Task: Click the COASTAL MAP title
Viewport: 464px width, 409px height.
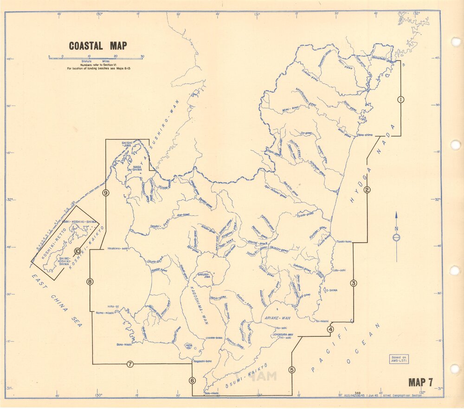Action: tap(98, 46)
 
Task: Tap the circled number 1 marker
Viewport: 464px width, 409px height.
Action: tap(401, 99)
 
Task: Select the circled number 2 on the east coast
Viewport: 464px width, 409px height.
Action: tap(367, 189)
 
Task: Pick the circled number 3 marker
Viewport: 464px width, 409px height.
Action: tap(354, 283)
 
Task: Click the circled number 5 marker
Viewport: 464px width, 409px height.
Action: tap(291, 370)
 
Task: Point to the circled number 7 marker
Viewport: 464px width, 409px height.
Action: tap(130, 364)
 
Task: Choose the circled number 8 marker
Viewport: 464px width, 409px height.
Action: tap(90, 281)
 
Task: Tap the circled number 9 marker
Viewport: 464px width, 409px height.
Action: tap(106, 193)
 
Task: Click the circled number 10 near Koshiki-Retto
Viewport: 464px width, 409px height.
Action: tap(77, 251)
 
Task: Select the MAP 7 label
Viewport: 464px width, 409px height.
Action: tap(420, 383)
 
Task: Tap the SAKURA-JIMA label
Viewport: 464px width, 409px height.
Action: tap(205, 276)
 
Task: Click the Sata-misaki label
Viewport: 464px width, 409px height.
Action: tap(212, 394)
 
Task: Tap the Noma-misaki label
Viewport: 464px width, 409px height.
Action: tap(105, 313)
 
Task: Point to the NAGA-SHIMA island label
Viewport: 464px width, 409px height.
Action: tap(137, 168)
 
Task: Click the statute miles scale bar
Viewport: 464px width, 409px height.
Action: tap(96, 58)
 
